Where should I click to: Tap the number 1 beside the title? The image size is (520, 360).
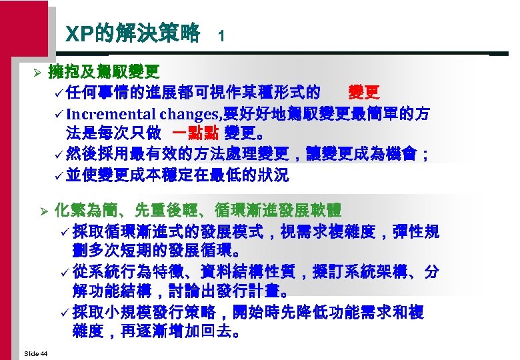pos(221,38)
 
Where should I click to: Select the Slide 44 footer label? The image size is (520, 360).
pos(35,353)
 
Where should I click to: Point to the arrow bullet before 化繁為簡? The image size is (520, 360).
pos(45,211)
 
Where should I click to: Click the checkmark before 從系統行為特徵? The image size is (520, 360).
pos(65,273)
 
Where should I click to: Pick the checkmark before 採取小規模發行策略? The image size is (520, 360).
pos(65,313)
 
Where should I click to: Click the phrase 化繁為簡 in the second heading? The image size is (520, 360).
pos(84,211)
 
